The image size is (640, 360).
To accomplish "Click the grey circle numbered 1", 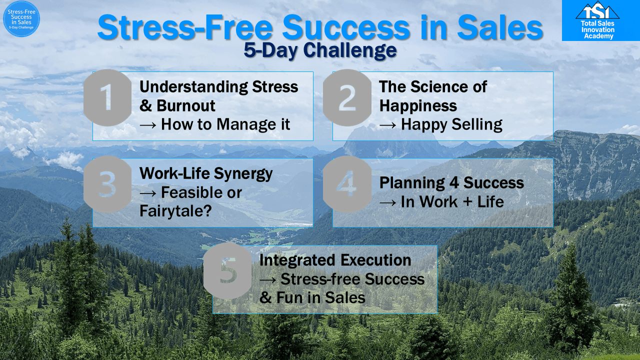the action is click(x=107, y=97).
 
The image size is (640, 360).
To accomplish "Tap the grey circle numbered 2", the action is click(x=347, y=97).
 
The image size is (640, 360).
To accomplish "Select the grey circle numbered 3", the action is click(x=107, y=184).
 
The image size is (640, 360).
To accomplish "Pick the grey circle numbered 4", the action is click(x=347, y=184).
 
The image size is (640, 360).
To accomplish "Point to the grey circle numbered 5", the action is click(x=227, y=271).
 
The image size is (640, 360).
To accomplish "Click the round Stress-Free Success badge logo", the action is click(x=21, y=19).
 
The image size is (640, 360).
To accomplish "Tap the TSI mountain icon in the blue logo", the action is click(x=597, y=10).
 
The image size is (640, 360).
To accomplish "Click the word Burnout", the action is click(x=185, y=105).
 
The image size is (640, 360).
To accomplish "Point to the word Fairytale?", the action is click(x=175, y=211).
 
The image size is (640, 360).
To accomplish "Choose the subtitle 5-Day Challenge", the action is click(x=320, y=50).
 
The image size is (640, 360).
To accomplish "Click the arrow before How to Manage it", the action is click(x=148, y=125).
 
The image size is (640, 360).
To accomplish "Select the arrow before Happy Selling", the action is click(x=387, y=125).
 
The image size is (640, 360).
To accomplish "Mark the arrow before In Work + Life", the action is click(x=387, y=202).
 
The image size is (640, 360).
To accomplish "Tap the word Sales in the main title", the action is click(x=500, y=28).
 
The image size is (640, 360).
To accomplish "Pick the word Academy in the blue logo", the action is click(x=598, y=36).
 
